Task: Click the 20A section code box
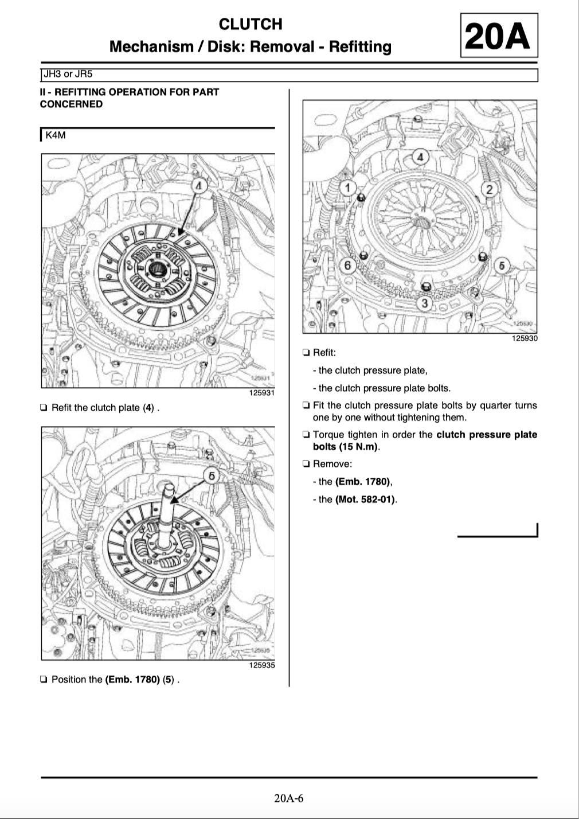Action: (x=499, y=36)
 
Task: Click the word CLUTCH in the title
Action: (x=251, y=24)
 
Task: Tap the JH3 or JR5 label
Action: (x=68, y=75)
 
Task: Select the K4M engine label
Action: (x=56, y=135)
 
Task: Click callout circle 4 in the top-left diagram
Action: (x=198, y=186)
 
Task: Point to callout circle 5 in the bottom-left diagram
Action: (x=212, y=476)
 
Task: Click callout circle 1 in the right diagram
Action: (x=348, y=188)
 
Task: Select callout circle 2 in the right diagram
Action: (x=490, y=189)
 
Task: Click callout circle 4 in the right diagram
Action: (x=420, y=157)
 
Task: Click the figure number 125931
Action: (x=262, y=393)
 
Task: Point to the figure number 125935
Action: (x=262, y=665)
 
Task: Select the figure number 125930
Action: (x=525, y=338)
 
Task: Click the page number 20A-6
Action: (x=289, y=798)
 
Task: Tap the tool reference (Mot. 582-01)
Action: (x=365, y=500)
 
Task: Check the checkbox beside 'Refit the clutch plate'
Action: (x=44, y=408)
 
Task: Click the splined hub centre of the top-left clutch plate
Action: (x=156, y=268)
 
